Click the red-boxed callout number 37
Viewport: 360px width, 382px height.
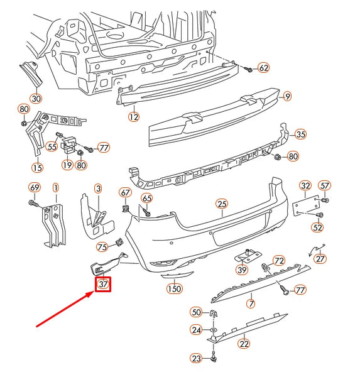point(103,285)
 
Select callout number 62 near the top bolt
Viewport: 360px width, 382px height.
point(263,68)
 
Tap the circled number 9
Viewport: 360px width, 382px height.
point(287,96)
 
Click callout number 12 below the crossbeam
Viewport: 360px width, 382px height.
point(133,116)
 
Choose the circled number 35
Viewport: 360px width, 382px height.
point(300,134)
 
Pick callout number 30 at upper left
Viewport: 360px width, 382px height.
point(36,98)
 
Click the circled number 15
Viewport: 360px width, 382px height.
point(38,167)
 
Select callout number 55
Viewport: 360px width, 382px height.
point(52,146)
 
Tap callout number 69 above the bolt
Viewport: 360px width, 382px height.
point(35,187)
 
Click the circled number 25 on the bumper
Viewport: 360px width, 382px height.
point(221,204)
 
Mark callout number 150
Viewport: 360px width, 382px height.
point(174,288)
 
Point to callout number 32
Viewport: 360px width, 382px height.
point(305,185)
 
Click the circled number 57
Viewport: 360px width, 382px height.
point(324,185)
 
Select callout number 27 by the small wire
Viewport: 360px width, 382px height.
point(320,258)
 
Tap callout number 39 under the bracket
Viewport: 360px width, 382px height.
point(243,270)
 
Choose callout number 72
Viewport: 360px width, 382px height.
point(279,260)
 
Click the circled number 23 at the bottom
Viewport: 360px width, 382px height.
point(197,359)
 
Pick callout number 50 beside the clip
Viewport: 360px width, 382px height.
point(196,312)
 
